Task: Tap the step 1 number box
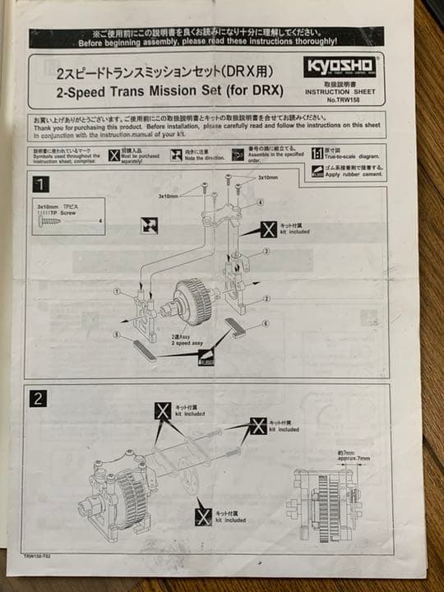coord(40,183)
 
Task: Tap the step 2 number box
coord(38,398)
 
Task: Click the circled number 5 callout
coord(118,335)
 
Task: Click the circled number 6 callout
coord(265,324)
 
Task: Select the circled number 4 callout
coord(260,201)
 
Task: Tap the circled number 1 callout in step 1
coord(118,291)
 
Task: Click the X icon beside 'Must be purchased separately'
coord(114,155)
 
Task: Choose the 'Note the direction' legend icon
coord(176,155)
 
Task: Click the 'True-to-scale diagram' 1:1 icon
coord(317,153)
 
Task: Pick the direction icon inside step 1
coord(149,224)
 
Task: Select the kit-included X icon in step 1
coord(268,229)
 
